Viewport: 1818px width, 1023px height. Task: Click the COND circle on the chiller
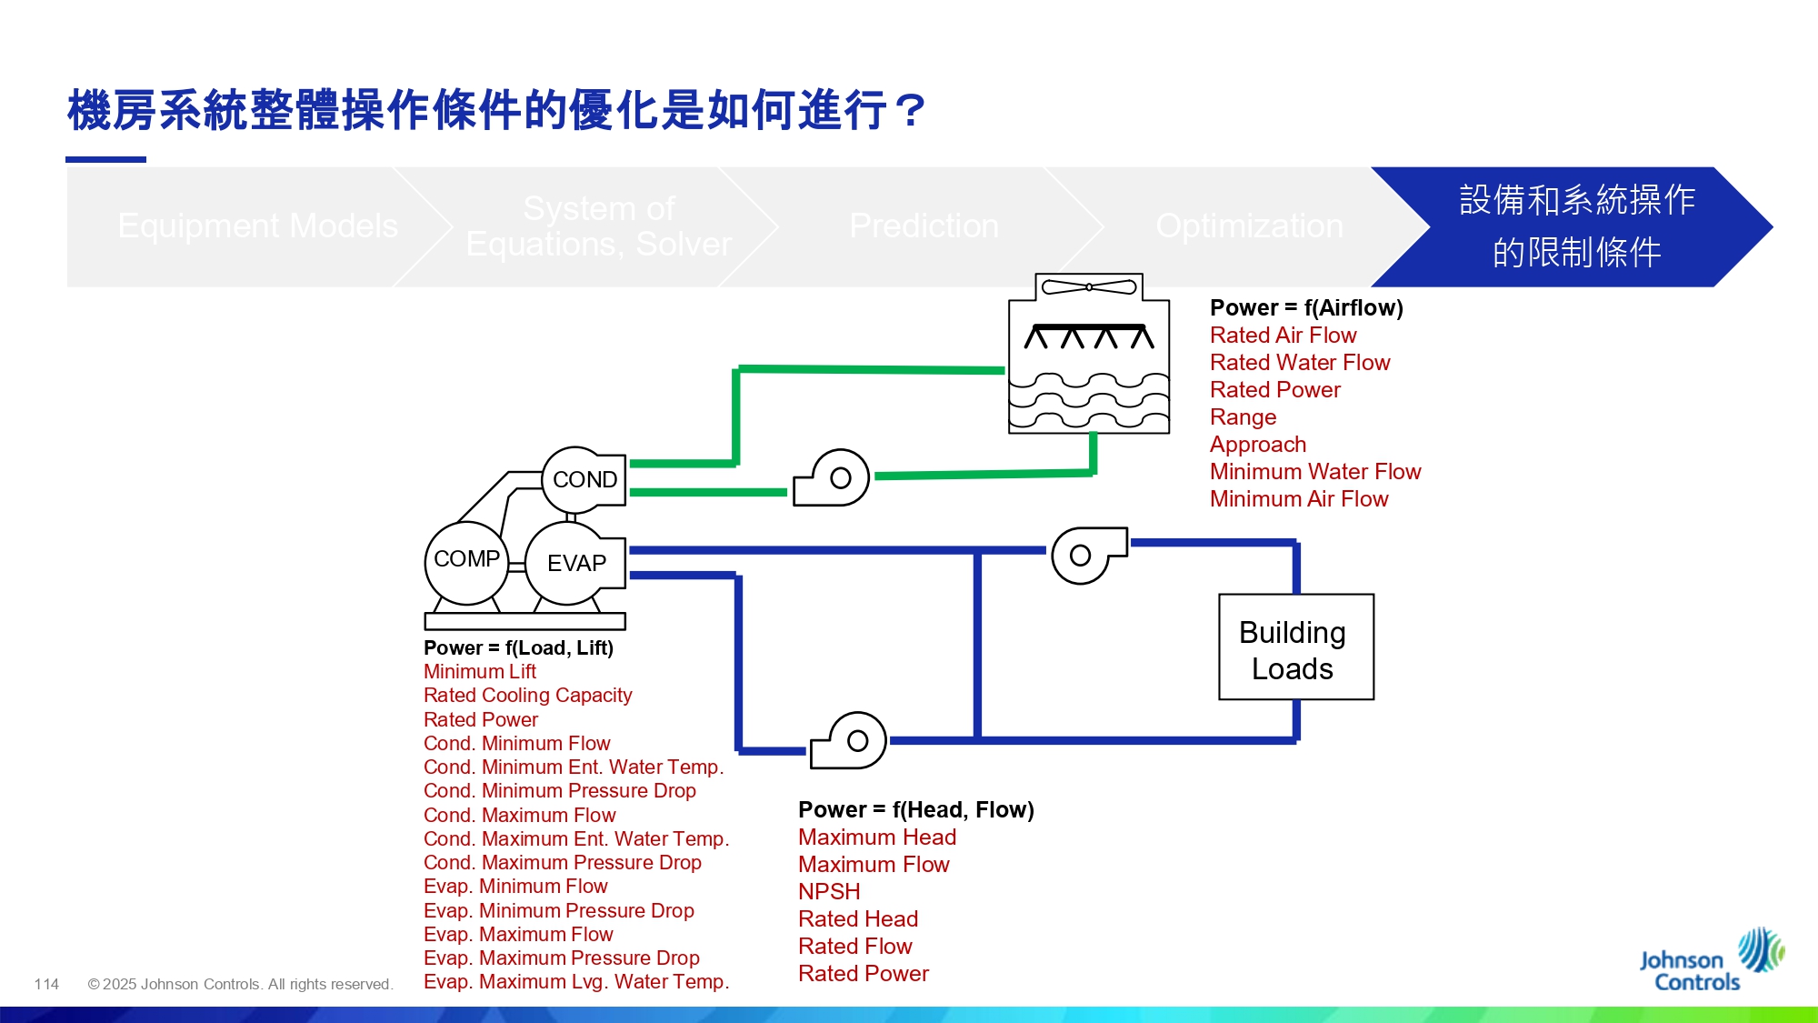584,479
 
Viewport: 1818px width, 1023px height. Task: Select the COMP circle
466,559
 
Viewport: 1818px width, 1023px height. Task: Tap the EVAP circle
575,563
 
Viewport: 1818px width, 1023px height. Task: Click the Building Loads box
1295,647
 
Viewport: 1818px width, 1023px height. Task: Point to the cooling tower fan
1088,287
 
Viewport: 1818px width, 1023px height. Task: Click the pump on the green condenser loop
834,478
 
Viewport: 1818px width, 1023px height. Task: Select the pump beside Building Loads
1086,555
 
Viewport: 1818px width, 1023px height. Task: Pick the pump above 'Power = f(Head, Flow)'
850,741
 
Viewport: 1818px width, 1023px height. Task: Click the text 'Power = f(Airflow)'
1306,308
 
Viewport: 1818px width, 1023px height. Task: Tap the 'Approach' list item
1257,445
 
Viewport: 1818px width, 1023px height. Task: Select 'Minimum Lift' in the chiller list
479,672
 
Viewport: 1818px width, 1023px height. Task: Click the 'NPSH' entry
828,892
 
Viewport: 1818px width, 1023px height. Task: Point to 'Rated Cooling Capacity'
527,696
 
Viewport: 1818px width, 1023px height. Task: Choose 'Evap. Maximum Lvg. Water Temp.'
575,982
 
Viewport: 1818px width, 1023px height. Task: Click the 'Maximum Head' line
876,837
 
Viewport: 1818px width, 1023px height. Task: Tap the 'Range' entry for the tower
1243,417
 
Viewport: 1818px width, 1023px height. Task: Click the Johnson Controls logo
1709,962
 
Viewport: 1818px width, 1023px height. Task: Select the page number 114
46,984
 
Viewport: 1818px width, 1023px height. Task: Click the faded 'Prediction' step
924,226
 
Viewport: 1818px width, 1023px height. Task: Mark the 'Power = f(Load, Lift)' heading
518,648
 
